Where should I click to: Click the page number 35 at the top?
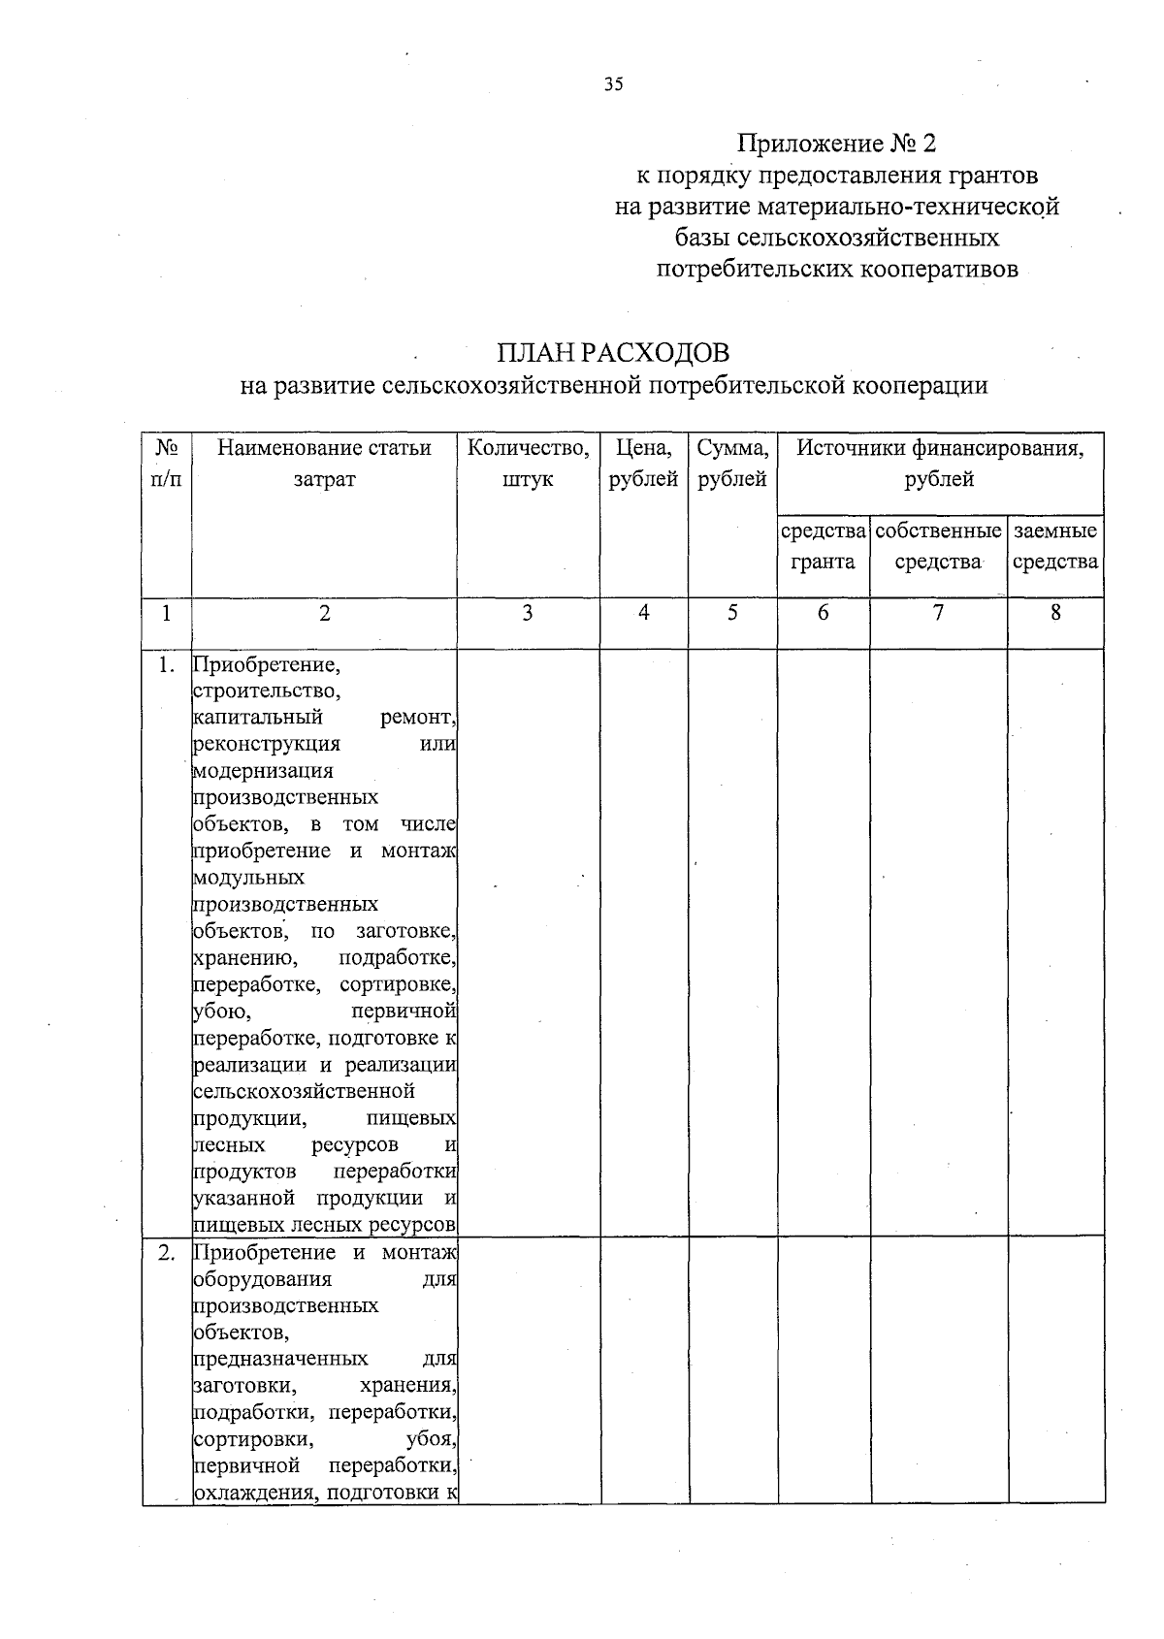point(612,84)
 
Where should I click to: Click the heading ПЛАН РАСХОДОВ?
point(613,351)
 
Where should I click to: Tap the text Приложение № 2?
point(836,144)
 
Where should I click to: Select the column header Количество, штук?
point(528,463)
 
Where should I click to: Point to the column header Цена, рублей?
point(643,463)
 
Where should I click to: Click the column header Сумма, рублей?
point(732,463)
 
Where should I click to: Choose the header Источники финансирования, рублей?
point(939,463)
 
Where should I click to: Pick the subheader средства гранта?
point(823,546)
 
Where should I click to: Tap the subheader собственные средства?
point(938,546)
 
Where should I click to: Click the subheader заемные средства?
point(1055,546)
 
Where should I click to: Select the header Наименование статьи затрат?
point(324,463)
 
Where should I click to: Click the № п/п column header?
point(167,463)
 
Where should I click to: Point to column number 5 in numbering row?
point(732,613)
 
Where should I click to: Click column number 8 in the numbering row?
point(1055,613)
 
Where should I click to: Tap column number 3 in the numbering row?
point(527,613)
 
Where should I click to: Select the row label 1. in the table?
point(167,665)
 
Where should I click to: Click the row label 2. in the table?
point(167,1253)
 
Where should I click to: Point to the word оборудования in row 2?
point(263,1279)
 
